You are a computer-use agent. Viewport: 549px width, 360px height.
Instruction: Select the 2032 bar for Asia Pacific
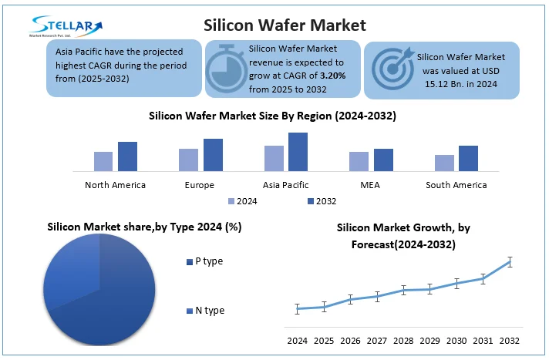pos(298,152)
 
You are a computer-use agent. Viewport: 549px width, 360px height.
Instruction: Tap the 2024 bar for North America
pos(103,161)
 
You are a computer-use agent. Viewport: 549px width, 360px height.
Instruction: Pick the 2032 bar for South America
pos(468,158)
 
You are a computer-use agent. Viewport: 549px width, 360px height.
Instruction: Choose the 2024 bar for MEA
pos(359,161)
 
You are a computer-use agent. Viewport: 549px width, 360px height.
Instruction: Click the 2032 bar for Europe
pos(213,155)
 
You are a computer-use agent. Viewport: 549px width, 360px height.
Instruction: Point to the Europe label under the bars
pos(200,185)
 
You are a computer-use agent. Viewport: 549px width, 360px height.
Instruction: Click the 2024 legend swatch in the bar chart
pos(231,201)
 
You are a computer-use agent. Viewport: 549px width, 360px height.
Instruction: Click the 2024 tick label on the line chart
pos(297,340)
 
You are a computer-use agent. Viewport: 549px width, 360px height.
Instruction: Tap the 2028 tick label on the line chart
pos(403,340)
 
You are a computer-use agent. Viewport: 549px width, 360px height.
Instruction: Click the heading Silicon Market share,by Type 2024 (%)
pos(144,227)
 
